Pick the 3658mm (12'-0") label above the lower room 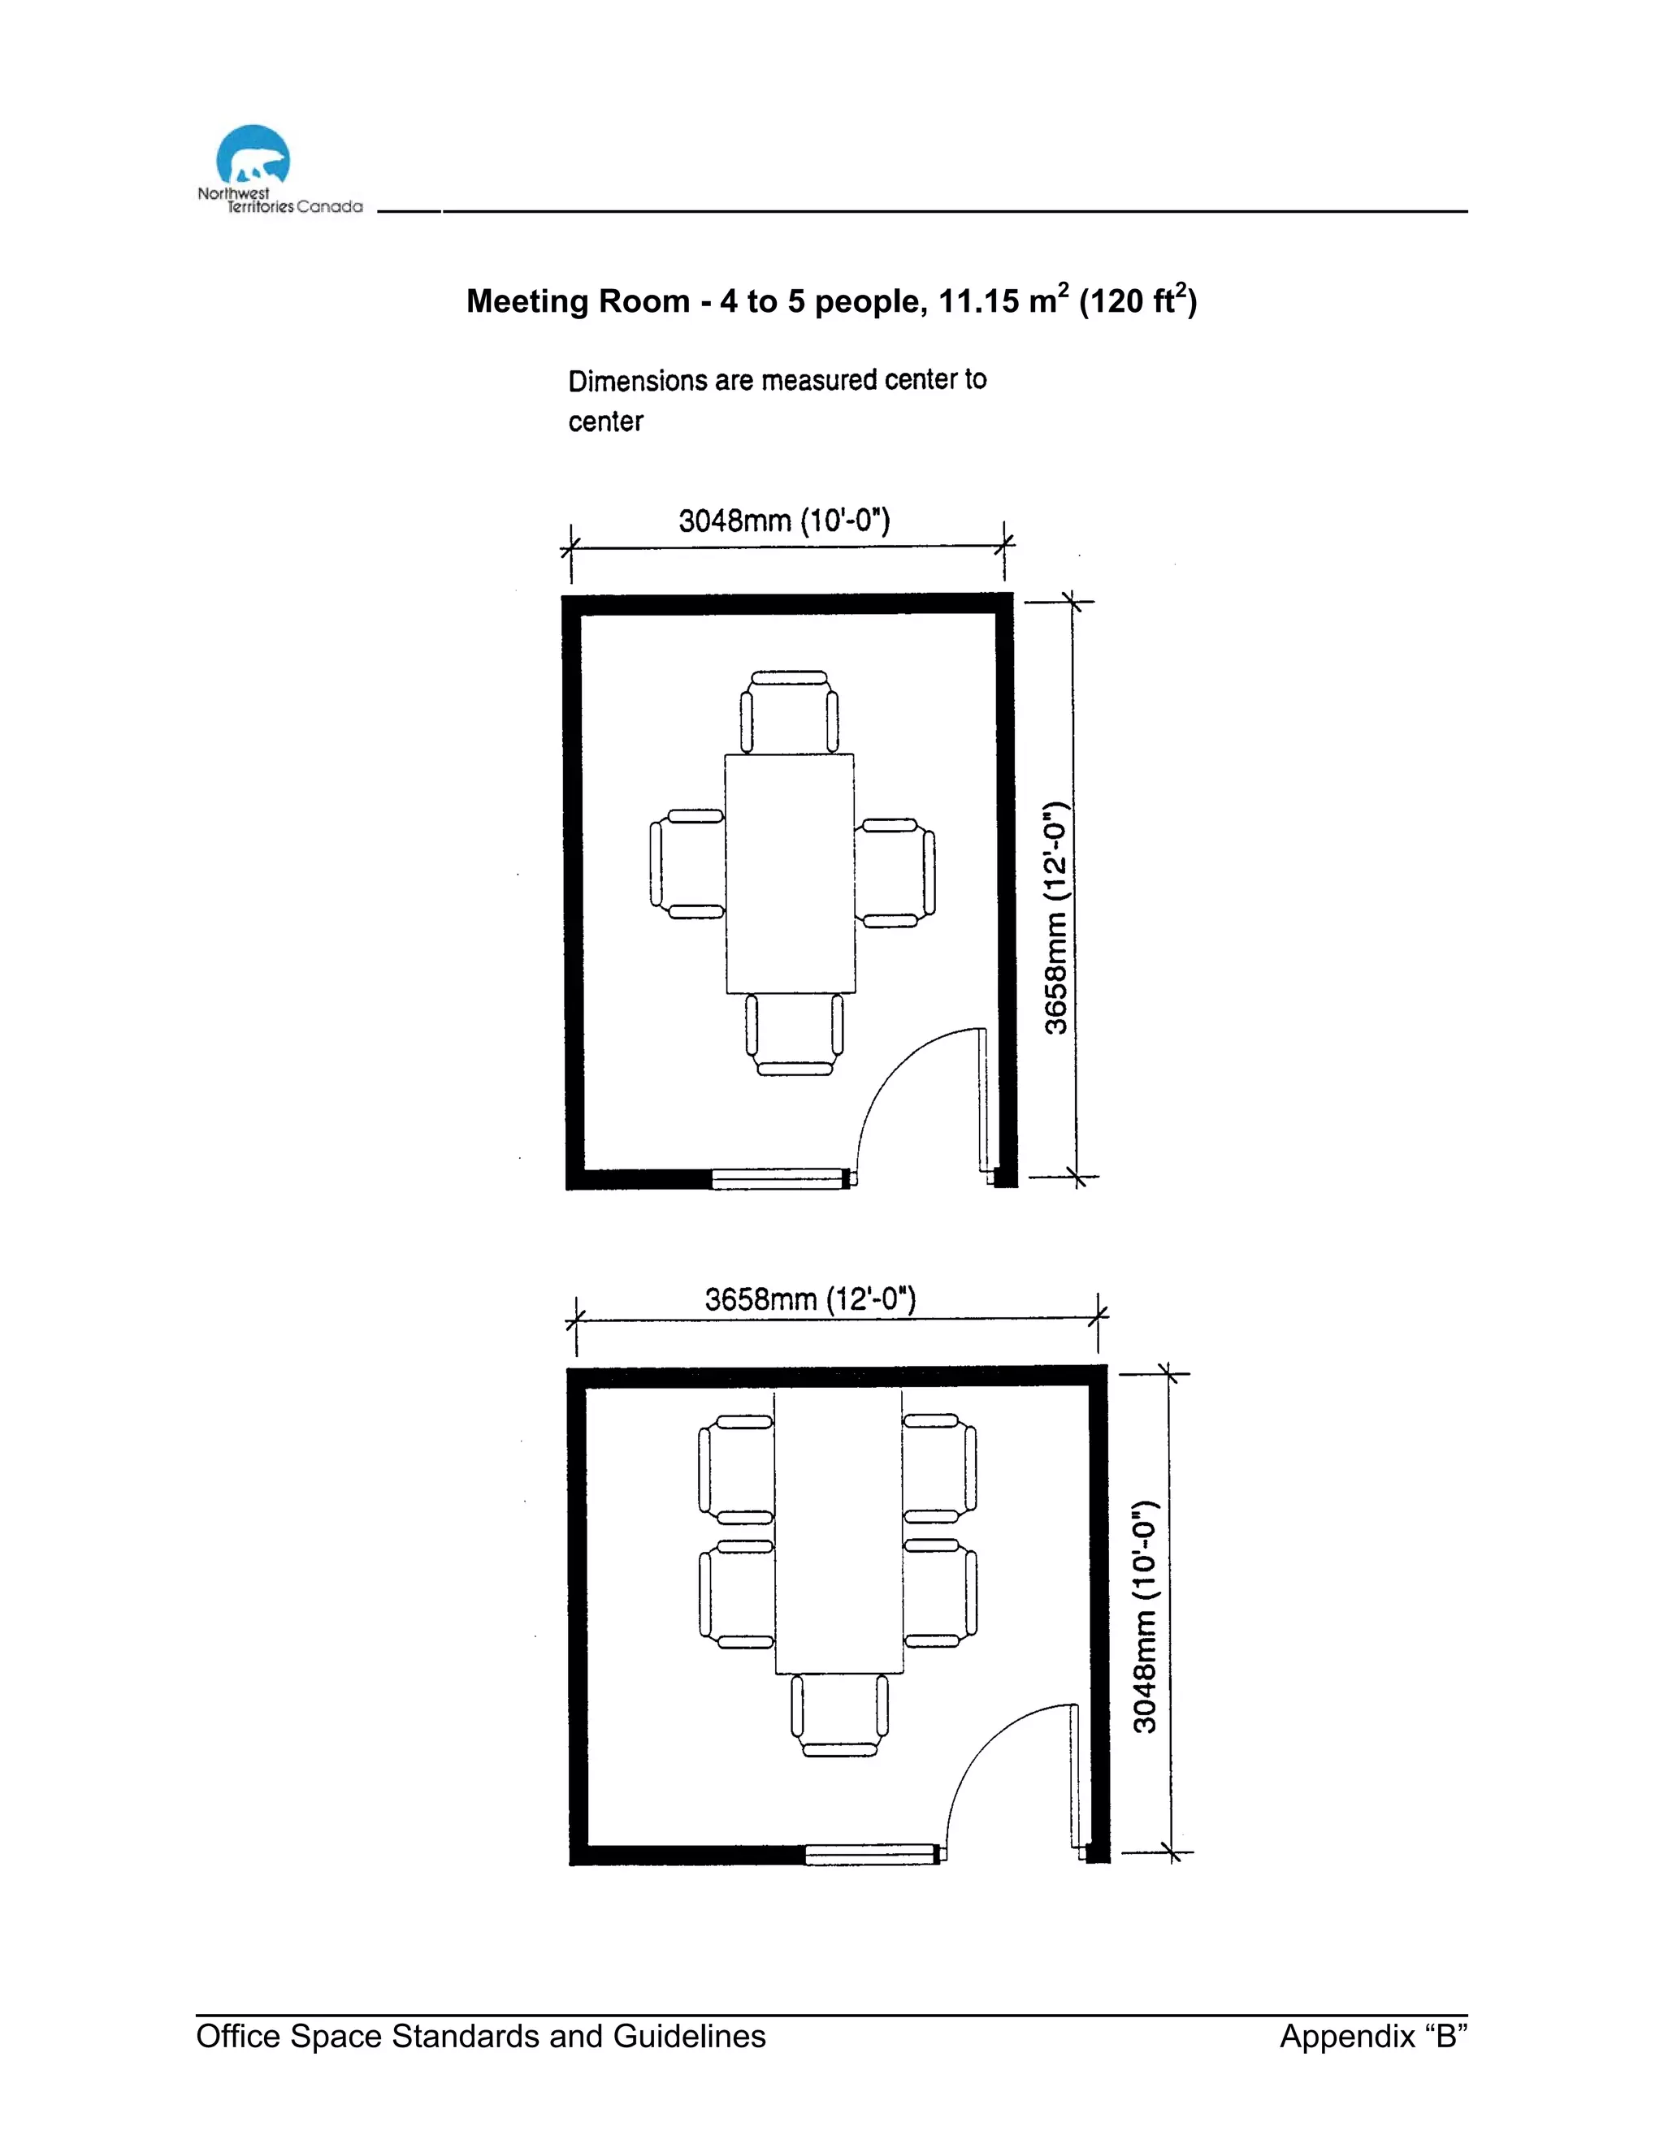810,1299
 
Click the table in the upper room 790,873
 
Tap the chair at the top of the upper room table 789,711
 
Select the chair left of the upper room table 687,864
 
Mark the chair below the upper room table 794,1035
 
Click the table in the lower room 838,1532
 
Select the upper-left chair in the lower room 736,1469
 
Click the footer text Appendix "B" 1373,2036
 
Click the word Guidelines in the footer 689,2036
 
